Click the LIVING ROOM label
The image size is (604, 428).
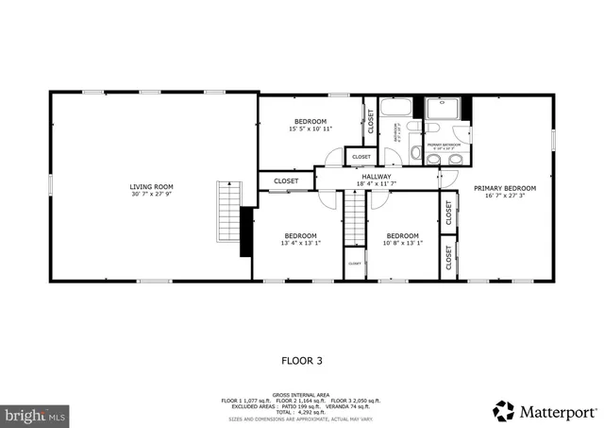(151, 186)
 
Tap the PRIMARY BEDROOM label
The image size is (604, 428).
(504, 188)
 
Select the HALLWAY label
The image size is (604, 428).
(376, 176)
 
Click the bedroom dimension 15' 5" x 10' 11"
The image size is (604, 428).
(310, 129)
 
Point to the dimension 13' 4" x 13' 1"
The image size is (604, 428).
(300, 243)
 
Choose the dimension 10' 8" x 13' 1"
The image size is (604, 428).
(402, 243)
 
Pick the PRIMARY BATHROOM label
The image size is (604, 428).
(441, 146)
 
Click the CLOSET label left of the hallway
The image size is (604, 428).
(286, 180)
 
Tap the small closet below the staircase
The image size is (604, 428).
(355, 264)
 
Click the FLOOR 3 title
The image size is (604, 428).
(302, 360)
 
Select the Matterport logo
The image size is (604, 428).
(545, 411)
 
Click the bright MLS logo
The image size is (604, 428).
(35, 414)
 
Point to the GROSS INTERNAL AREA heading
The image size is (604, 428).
(302, 394)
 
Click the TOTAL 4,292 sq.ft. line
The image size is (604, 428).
(302, 412)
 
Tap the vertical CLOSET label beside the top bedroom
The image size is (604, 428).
(371, 121)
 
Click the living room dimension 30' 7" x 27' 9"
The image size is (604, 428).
(151, 196)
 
